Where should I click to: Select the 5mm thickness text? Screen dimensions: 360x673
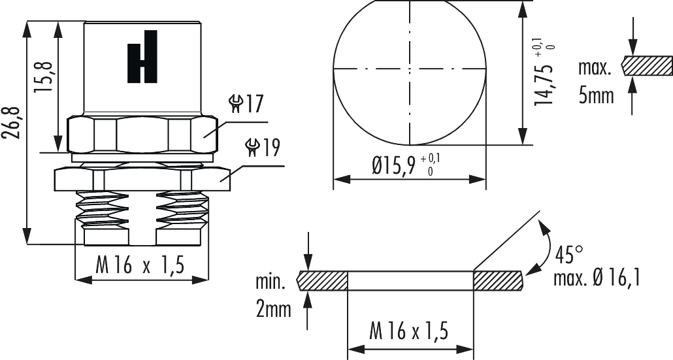pos(596,96)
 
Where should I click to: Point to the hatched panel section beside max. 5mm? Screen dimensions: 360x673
pos(647,66)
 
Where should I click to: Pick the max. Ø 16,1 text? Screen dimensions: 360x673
pos(597,279)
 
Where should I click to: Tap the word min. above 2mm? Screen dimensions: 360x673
pos(271,284)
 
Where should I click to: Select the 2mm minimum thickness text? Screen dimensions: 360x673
pos(273,309)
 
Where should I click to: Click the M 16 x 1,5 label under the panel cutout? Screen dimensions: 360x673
pos(410,331)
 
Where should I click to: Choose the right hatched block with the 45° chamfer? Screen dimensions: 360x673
pos(499,280)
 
